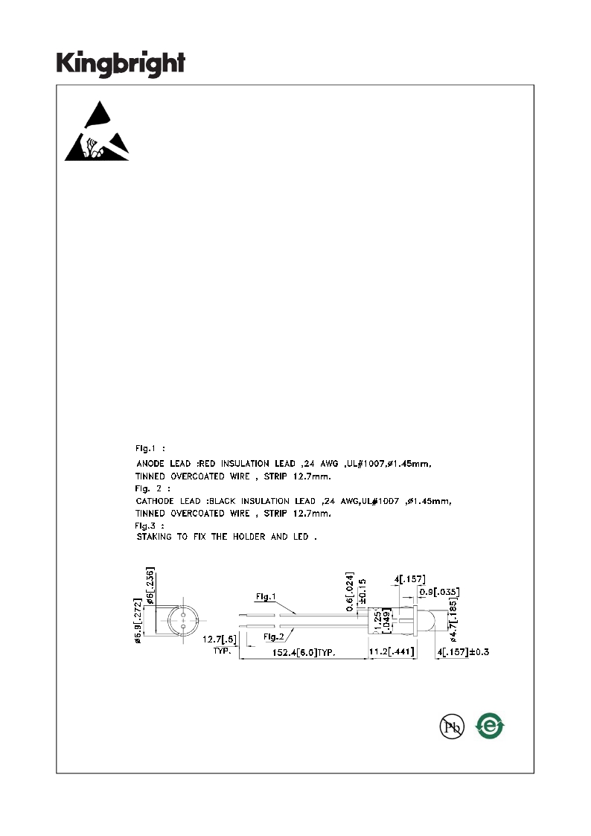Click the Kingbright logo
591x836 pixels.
pos(121,64)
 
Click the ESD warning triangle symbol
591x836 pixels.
pos(97,131)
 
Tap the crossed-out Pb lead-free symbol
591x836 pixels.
pos(452,726)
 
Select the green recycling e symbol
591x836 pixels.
pos(490,726)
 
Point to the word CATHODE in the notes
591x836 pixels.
pos(155,501)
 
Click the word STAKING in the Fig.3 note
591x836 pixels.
pos(154,537)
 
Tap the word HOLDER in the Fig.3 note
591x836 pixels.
pos(249,537)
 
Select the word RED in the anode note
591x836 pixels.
pos(208,464)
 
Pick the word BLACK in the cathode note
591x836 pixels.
pos(223,501)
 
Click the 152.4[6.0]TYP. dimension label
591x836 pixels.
pos(304,653)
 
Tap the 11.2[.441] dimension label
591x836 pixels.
pos(392,651)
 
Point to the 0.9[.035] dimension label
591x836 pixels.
pos(439,592)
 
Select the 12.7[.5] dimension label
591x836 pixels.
pos(220,639)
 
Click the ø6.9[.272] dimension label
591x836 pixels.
pos(138,621)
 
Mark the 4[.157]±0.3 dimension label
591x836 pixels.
pos(463,651)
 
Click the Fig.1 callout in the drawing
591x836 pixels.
pos(266,596)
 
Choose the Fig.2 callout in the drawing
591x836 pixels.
pos(274,636)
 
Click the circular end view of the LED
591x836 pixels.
pos(183,621)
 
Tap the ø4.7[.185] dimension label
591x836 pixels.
pos(453,619)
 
